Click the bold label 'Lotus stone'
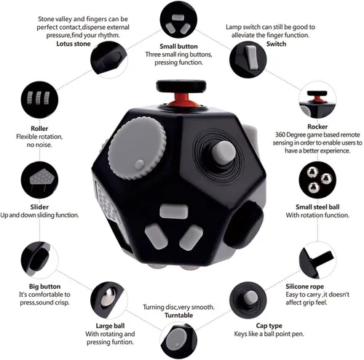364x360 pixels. [74, 44]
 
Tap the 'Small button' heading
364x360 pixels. [178, 47]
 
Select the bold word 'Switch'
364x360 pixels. [276, 44]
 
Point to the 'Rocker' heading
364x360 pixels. [317, 127]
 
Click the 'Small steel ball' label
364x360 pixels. [317, 207]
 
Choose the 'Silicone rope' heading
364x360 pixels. [304, 287]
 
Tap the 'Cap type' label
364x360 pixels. [269, 326]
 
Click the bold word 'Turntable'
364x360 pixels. [179, 315]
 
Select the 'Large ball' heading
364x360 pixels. [110, 326]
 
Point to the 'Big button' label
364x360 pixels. [44, 287]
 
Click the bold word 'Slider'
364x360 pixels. [39, 207]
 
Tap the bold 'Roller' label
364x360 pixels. [39, 128]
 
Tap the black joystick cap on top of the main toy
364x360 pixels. [181, 87]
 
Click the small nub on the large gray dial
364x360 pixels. [139, 164]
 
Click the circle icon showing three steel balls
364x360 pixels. [317, 180]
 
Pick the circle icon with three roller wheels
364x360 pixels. [39, 100]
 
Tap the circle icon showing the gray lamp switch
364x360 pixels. [248, 60]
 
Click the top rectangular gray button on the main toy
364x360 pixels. [174, 211]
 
